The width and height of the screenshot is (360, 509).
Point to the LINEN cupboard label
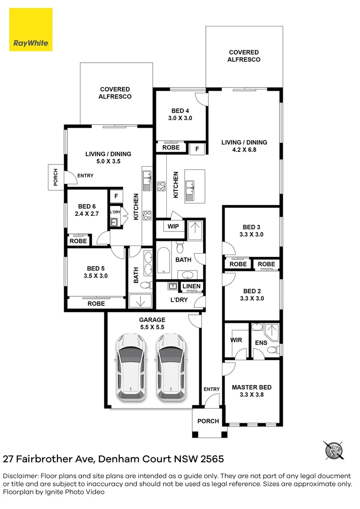click(x=192, y=286)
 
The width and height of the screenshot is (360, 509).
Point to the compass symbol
click(x=334, y=451)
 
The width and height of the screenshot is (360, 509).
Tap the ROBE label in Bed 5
click(x=97, y=304)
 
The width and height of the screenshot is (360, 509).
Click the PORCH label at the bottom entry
click(x=208, y=421)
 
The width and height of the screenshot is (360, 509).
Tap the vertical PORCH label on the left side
click(x=56, y=178)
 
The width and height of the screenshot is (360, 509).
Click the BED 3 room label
click(x=252, y=230)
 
